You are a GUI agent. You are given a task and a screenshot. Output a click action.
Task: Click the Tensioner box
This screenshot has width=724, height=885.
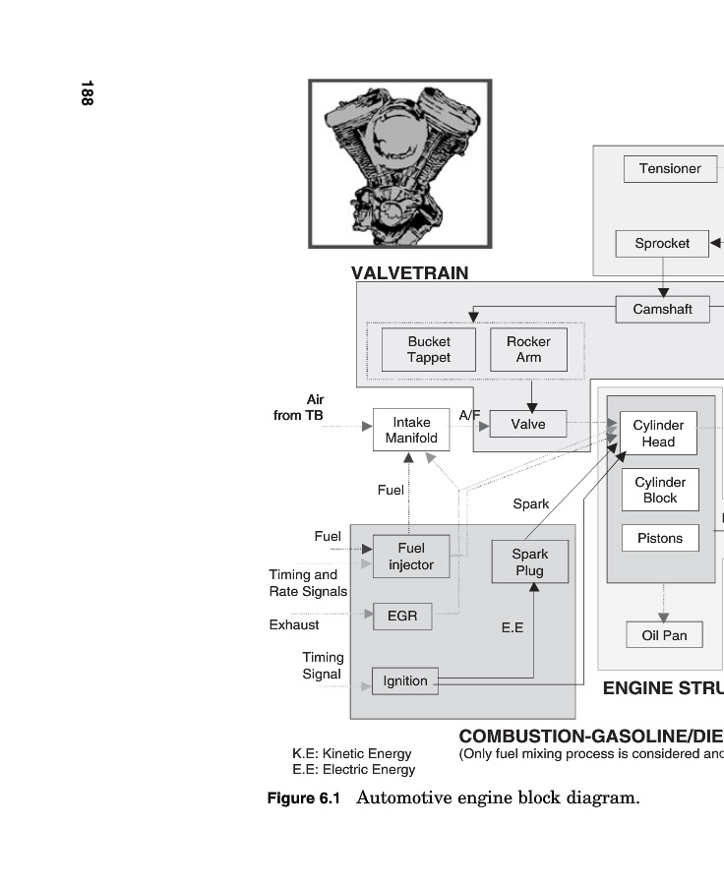[x=670, y=168]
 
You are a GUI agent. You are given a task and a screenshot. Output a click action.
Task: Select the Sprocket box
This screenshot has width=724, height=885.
[x=662, y=243]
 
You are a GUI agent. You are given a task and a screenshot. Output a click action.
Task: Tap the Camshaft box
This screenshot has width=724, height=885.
[x=662, y=309]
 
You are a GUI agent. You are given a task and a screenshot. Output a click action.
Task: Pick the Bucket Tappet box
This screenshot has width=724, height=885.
[x=428, y=349]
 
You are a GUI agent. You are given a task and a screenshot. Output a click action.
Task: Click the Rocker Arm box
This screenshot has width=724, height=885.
[x=528, y=349]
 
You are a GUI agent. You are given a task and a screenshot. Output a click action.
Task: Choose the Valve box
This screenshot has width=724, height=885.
[x=527, y=424]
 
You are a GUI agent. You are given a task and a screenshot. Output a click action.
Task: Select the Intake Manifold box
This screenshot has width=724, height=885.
[x=404, y=430]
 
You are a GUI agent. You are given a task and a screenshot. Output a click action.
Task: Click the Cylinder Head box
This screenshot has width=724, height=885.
[x=658, y=434]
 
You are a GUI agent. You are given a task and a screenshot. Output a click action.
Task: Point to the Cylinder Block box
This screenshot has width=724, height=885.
[x=659, y=490]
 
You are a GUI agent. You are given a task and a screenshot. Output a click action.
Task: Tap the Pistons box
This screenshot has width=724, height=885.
[x=659, y=538]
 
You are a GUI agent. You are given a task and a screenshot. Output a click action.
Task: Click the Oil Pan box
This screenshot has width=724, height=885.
[x=664, y=635]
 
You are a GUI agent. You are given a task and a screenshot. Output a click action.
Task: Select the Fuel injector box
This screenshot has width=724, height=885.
[x=410, y=557]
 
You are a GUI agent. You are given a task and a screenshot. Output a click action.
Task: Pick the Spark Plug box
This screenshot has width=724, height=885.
[x=530, y=561]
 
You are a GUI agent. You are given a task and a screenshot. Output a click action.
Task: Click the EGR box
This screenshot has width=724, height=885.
[x=402, y=617]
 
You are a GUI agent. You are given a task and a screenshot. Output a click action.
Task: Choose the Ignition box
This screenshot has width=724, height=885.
[x=405, y=680]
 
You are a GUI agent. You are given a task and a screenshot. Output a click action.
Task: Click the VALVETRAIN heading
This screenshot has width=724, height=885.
[x=409, y=273]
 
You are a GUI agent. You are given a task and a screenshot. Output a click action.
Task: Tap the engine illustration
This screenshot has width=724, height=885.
[x=399, y=163]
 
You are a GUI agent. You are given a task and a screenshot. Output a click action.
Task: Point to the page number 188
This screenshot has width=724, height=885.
[x=87, y=93]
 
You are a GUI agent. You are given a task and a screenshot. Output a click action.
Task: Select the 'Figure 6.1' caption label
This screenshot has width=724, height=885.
[x=304, y=797]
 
